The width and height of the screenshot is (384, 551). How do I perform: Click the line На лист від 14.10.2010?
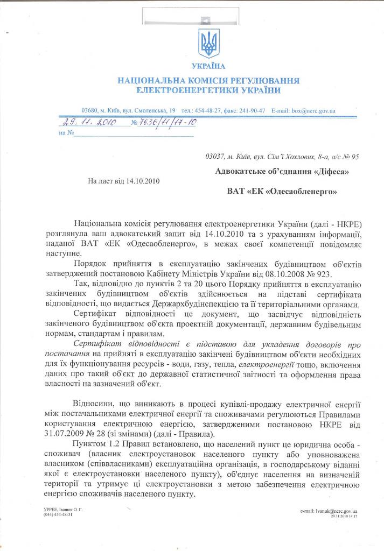tap(123, 181)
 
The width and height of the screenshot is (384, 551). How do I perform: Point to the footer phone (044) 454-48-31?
tap(58, 514)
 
